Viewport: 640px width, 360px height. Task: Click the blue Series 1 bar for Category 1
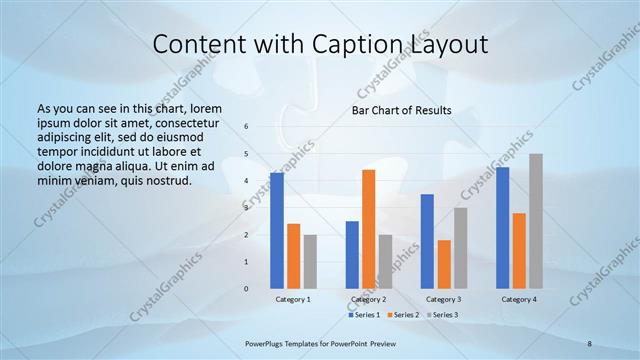[276, 231]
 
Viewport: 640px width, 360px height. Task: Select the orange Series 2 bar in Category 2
[369, 229]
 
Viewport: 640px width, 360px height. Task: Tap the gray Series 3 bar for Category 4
[536, 221]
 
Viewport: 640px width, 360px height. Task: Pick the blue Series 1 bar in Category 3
[427, 241]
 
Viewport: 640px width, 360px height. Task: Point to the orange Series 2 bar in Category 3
[444, 264]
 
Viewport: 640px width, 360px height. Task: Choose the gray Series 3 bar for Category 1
[310, 261]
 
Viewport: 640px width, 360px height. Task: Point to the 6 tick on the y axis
[247, 127]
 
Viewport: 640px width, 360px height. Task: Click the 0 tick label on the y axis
[247, 289]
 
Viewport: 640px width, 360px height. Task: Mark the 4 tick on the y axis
[247, 181]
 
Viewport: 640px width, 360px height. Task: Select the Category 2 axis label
[368, 299]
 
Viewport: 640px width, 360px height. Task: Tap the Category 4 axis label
[519, 299]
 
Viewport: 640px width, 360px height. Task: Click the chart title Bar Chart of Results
[400, 110]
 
